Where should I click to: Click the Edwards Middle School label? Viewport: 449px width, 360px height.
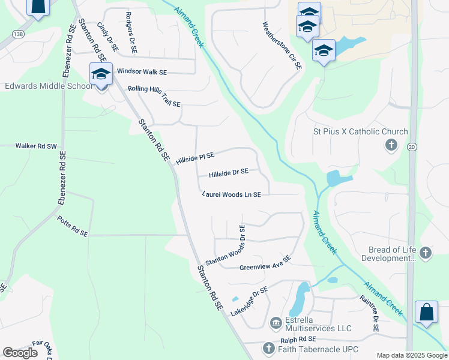[47, 86]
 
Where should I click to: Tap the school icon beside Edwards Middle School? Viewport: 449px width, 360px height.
[101, 75]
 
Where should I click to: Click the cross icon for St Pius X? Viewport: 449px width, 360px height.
[391, 145]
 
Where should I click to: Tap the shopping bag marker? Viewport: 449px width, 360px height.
[426, 312]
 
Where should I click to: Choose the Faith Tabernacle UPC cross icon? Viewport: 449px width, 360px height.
[268, 349]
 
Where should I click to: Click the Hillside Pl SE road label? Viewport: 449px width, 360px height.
[195, 158]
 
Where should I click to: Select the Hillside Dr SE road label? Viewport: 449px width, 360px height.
[228, 173]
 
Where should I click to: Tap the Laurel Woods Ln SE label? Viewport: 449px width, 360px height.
[232, 194]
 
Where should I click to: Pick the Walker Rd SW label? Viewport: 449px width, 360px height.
[35, 146]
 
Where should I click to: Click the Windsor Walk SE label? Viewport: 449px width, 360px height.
[142, 71]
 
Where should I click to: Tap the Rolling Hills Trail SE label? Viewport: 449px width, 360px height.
[154, 96]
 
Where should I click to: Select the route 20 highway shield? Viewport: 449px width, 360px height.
[412, 147]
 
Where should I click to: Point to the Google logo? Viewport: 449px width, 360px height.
[20, 353]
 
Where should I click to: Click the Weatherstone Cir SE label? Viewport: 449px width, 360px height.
[281, 46]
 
